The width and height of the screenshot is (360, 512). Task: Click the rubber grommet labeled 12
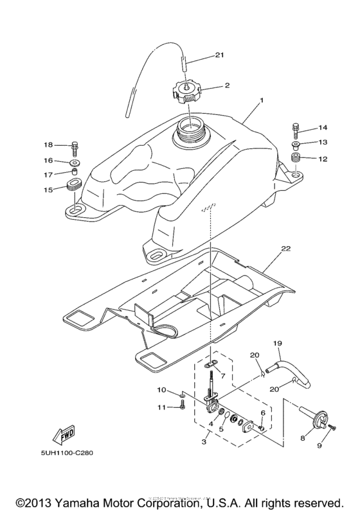point(296,158)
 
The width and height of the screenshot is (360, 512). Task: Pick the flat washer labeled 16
point(75,161)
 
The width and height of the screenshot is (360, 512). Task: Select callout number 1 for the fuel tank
point(262,102)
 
